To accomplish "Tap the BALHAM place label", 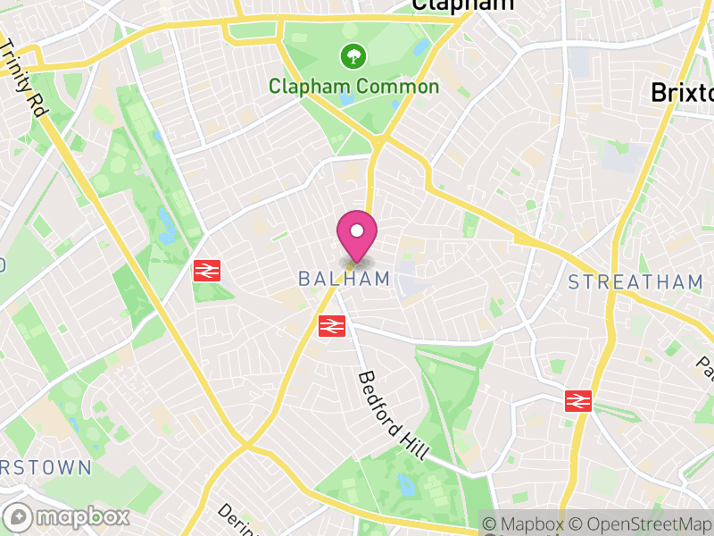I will [x=345, y=279].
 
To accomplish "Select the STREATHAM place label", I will [x=636, y=282].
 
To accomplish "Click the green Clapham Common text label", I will [x=354, y=87].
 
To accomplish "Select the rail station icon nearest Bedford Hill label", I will [x=332, y=326].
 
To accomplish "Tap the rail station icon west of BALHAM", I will [x=207, y=270].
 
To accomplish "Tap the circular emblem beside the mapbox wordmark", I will [x=19, y=517].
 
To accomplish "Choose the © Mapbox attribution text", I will [x=529, y=523].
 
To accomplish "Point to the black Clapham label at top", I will [x=463, y=5].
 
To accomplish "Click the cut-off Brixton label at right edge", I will [x=682, y=92].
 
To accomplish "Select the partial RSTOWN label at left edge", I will [x=46, y=468].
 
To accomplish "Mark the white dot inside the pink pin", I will [x=357, y=230].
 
